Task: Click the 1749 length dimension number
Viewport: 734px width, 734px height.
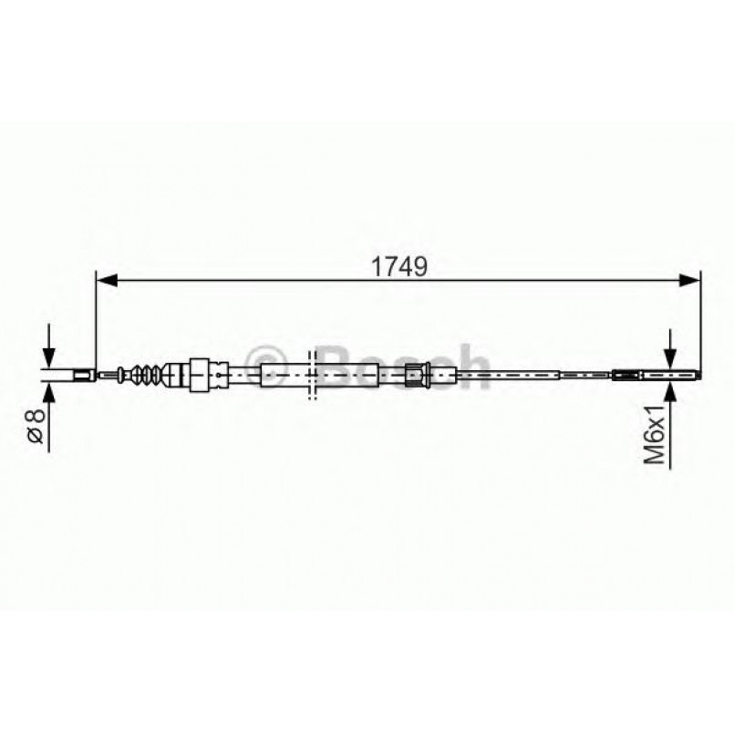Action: [x=398, y=267]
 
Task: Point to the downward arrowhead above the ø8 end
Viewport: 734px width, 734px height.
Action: [x=47, y=357]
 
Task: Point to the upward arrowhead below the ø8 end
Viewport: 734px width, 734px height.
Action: [x=47, y=389]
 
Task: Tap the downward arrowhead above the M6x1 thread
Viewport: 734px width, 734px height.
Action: [x=671, y=358]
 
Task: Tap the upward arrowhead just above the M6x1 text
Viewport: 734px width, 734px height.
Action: [x=671, y=389]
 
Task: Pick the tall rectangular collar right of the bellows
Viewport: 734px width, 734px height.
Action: [x=197, y=374]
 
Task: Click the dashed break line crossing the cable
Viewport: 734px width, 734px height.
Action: [x=312, y=374]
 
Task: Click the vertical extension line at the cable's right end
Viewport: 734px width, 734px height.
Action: [x=699, y=319]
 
